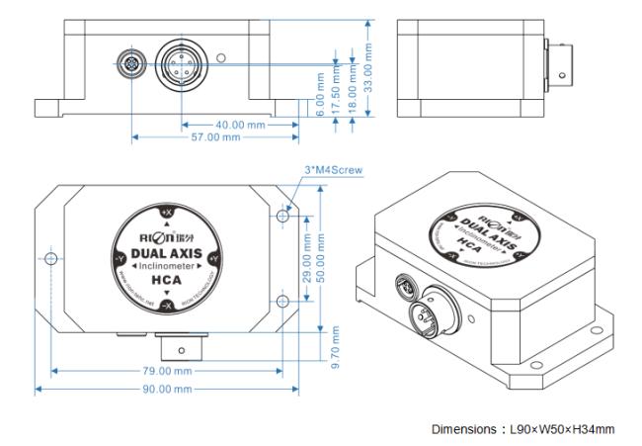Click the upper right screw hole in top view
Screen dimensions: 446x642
pyautogui.click(x=284, y=215)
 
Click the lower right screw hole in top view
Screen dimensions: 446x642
pyautogui.click(x=284, y=302)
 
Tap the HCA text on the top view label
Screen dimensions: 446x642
pyautogui.click(x=165, y=280)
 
